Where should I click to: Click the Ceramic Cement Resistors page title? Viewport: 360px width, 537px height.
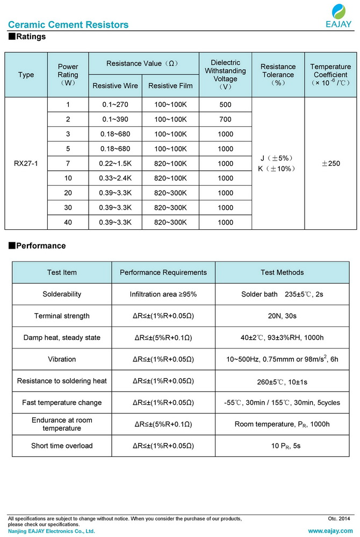(68, 25)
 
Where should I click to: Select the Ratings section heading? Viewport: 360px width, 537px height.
(27, 37)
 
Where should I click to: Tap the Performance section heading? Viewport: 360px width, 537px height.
(37, 246)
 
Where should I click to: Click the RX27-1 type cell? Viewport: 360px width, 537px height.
(26, 163)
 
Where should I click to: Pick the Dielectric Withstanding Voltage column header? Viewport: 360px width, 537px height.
(225, 75)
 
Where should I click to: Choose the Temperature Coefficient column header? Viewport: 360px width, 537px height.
(330, 75)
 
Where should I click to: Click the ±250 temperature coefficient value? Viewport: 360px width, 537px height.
(330, 163)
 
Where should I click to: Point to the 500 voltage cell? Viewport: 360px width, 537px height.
(226, 104)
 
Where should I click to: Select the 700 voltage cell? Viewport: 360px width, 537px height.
(226, 119)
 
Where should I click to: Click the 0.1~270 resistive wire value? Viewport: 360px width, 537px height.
(115, 104)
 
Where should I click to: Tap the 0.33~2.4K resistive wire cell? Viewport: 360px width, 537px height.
(115, 178)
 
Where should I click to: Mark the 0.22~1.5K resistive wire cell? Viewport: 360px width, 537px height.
(115, 163)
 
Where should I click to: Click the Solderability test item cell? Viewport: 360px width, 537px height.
(62, 294)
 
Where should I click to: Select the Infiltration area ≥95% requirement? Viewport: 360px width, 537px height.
(163, 294)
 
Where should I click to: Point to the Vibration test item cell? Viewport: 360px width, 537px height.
(62, 359)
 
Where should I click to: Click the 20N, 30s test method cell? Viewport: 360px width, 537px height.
(282, 316)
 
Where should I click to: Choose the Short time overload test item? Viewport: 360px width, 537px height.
(62, 446)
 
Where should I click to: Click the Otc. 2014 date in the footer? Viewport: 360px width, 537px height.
(339, 519)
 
